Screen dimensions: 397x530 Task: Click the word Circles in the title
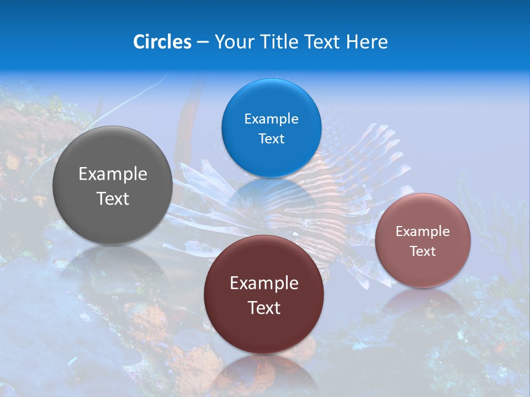(162, 42)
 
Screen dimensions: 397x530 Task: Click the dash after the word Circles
(203, 42)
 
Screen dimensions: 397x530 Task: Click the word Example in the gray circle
(113, 174)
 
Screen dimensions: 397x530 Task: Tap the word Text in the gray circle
(113, 198)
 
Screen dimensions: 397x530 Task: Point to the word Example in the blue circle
(272, 119)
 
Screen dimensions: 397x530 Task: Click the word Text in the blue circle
(272, 138)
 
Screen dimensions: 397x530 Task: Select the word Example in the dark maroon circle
(264, 283)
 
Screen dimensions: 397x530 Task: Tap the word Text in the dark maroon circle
(264, 308)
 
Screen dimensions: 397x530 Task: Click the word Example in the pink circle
(423, 232)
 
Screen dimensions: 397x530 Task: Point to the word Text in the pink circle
(423, 251)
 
